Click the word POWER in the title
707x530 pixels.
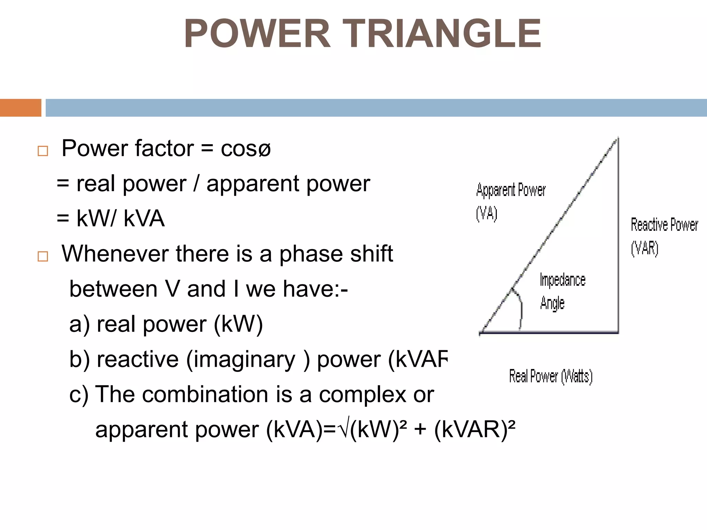(257, 34)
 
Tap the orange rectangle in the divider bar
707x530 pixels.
(20, 108)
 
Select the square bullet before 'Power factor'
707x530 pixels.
(43, 151)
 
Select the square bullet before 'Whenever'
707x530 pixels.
(43, 256)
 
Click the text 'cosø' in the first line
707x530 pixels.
(245, 149)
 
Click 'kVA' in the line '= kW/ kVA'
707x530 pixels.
(144, 219)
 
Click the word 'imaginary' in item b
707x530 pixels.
(241, 359)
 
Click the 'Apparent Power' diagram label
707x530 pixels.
(511, 190)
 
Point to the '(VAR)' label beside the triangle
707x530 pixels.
(645, 248)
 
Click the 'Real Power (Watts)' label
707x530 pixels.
(551, 376)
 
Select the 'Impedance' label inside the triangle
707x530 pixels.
(562, 280)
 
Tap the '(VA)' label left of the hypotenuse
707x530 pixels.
(486, 214)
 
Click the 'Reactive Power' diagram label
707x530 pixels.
(664, 225)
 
